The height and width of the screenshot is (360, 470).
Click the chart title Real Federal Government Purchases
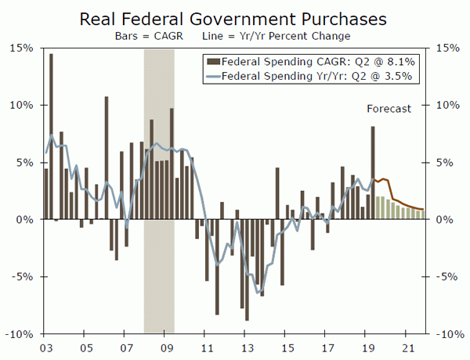[x=234, y=17]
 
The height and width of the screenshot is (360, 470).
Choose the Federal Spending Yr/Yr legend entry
[x=309, y=77]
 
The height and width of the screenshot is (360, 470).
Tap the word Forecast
[x=389, y=110]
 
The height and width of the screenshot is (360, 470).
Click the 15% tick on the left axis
[x=22, y=48]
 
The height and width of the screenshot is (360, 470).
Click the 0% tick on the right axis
[x=444, y=220]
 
